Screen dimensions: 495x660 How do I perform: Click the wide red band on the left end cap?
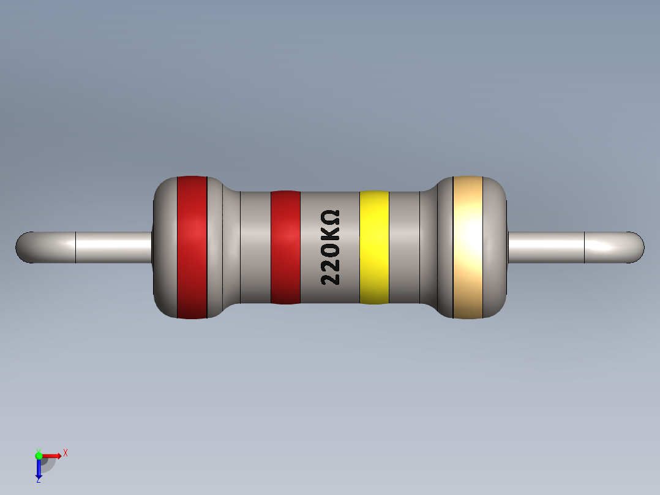click(192, 247)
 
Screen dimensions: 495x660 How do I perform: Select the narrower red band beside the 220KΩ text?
click(285, 247)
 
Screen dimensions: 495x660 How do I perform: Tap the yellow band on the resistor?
click(374, 247)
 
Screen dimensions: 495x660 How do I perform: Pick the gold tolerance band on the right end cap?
click(468, 247)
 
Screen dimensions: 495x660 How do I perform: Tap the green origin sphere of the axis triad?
click(39, 455)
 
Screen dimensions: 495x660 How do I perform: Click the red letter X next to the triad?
click(66, 453)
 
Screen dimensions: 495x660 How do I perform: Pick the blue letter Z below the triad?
click(38, 480)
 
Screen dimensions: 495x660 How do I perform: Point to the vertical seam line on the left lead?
click(75, 247)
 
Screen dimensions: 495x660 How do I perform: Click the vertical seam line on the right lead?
click(585, 247)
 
